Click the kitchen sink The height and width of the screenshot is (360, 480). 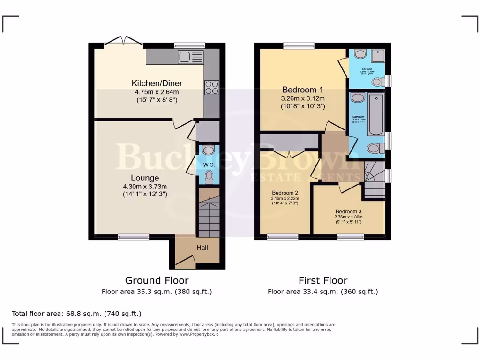click(190, 57)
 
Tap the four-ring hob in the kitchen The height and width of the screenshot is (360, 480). click(210, 88)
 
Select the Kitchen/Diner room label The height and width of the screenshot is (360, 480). click(157, 83)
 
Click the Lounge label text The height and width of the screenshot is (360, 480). click(144, 178)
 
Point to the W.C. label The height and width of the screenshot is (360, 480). click(209, 165)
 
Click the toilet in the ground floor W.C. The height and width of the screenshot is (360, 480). click(209, 177)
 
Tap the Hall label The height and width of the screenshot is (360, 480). click(202, 247)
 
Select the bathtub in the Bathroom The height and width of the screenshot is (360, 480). click(376, 114)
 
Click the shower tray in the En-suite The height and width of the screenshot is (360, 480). click(378, 56)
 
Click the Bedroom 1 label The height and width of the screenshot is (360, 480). click(302, 90)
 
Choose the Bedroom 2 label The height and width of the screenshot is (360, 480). click(285, 193)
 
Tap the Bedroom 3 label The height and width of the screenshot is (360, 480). click(348, 211)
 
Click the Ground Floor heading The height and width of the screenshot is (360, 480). click(157, 280)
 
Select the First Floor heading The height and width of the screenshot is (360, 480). click(323, 280)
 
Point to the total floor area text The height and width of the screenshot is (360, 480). click(76, 314)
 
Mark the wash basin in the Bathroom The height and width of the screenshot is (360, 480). click(358, 98)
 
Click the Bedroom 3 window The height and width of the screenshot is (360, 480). click(350, 237)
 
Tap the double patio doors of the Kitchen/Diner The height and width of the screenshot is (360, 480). click(123, 43)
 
